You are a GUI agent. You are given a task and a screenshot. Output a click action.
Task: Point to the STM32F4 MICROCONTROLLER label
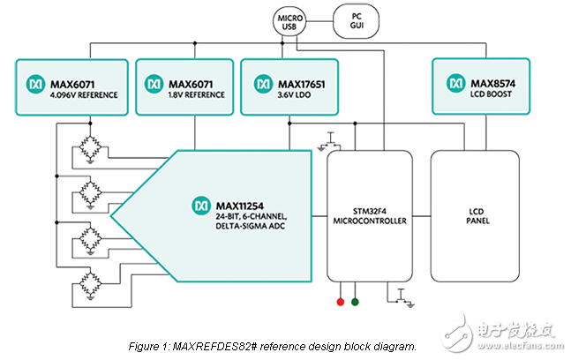[x=369, y=215]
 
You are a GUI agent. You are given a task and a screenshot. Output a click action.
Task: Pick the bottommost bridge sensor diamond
[x=86, y=282]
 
